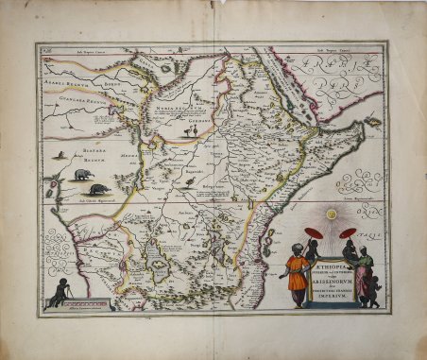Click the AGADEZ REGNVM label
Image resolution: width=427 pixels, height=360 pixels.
pos(68,83)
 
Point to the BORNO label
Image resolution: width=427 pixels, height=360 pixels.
pos(111,83)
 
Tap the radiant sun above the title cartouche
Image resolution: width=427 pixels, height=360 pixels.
pos(331,215)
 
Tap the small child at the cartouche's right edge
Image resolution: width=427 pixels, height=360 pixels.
pos(376,292)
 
